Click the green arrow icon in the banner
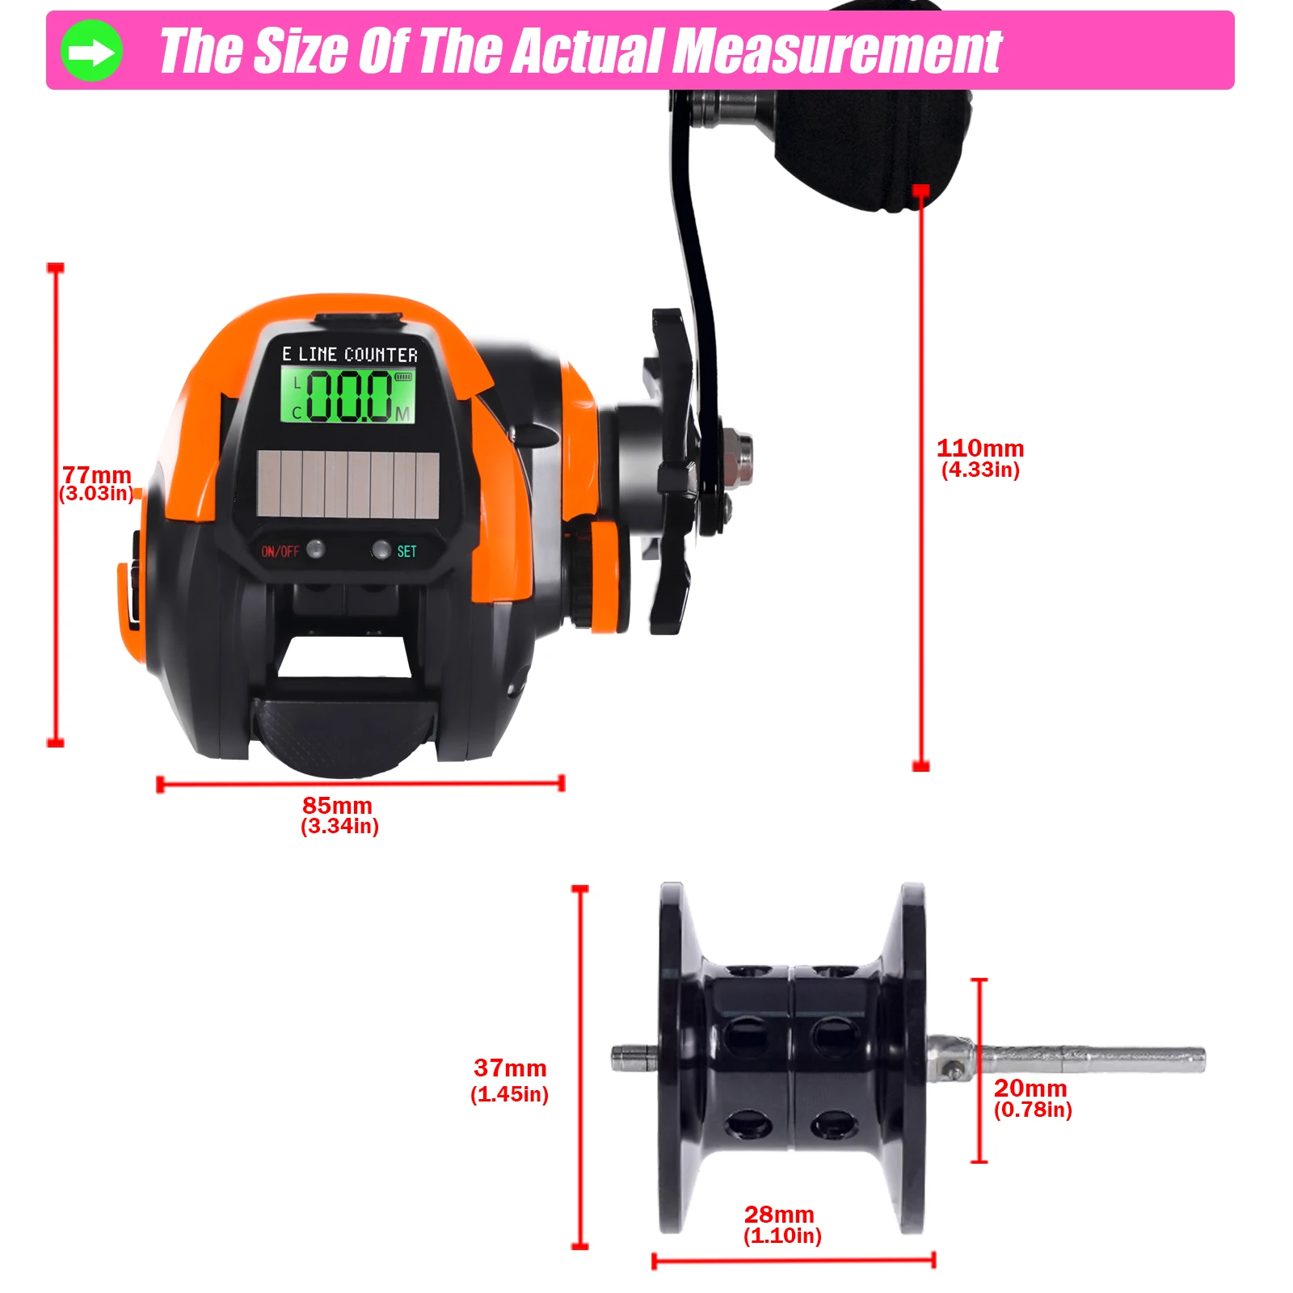click(92, 51)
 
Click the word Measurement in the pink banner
click(838, 51)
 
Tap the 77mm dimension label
click(97, 474)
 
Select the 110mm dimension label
click(980, 448)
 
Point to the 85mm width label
click(338, 805)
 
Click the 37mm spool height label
click(510, 1068)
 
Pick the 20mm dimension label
click(1030, 1088)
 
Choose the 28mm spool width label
click(779, 1214)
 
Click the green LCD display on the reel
click(348, 394)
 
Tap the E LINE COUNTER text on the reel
click(350, 354)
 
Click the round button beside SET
click(381, 550)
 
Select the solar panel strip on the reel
click(348, 484)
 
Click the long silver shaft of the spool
click(1090, 1059)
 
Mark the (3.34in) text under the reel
click(339, 826)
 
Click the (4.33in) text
click(980, 470)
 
